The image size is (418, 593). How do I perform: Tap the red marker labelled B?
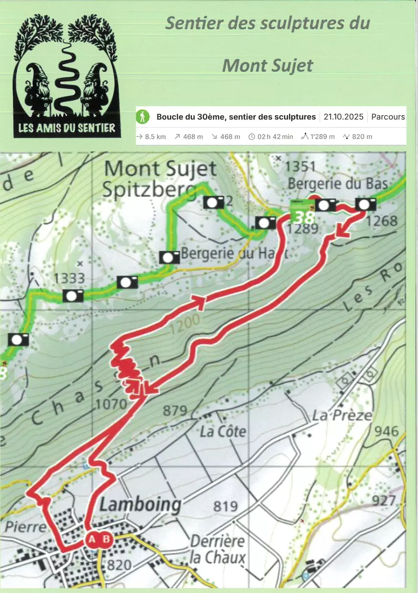click(106, 539)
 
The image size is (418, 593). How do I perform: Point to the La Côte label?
click(223, 431)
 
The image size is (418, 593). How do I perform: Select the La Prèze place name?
click(342, 415)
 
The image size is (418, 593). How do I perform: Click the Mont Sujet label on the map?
click(160, 169)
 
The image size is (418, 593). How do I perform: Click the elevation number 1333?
click(69, 278)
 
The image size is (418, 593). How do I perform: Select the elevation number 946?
click(386, 431)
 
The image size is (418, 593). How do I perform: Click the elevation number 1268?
click(384, 221)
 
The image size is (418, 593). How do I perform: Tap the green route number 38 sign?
click(302, 215)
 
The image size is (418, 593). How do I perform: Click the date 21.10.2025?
click(343, 117)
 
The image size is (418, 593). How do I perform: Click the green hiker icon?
click(143, 116)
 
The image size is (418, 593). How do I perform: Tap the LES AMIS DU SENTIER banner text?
click(66, 128)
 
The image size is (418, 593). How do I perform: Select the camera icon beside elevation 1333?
click(73, 296)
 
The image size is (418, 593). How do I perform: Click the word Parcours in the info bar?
click(388, 117)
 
